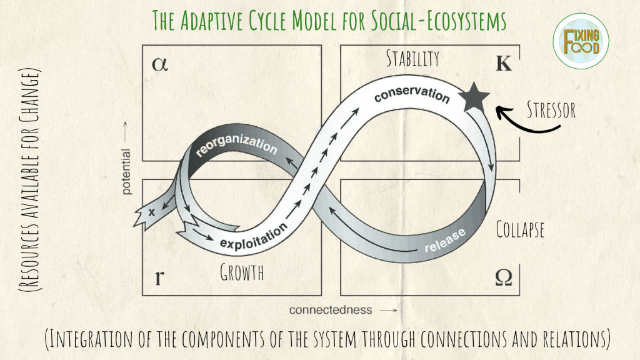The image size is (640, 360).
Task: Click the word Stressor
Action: coord(551,110)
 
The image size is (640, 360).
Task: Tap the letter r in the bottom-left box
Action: coord(159,277)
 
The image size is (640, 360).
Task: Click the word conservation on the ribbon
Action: coord(412,94)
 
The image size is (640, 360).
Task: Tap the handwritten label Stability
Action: coord(412,59)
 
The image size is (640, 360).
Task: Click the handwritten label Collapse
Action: coord(520,229)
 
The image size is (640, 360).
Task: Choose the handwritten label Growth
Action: coord(242,272)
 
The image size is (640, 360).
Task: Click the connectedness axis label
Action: coord(330,309)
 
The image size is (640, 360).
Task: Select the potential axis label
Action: coord(127,171)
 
